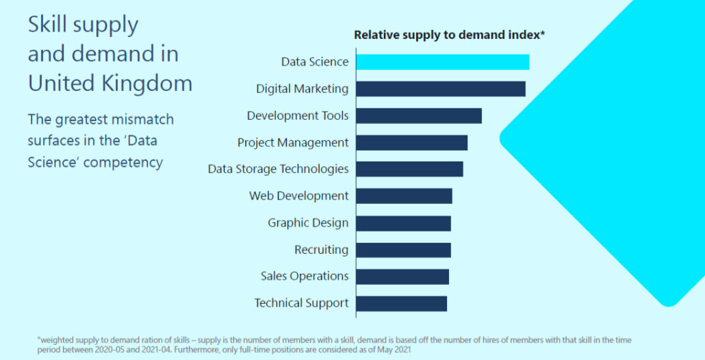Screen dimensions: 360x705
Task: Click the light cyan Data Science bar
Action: [x=442, y=62]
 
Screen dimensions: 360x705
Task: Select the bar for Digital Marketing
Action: [x=441, y=89]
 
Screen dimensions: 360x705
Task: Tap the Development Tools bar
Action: [x=419, y=116]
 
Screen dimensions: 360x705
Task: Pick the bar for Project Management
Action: [x=411, y=142]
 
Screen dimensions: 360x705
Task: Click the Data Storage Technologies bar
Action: [x=409, y=169]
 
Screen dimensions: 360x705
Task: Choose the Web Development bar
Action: [x=404, y=196]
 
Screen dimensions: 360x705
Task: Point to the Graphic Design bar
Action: [x=403, y=223]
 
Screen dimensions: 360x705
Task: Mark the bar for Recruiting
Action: [x=403, y=250]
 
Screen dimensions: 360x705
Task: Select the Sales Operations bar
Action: [x=402, y=277]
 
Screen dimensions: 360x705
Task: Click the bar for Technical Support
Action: [x=401, y=303]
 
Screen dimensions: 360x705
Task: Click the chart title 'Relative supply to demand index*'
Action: [x=448, y=35]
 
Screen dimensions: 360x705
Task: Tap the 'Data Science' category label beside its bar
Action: [x=315, y=62]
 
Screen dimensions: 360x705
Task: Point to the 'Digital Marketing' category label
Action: [x=302, y=89]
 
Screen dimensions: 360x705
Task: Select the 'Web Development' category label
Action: [x=298, y=196]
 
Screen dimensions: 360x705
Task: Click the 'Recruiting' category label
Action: [x=321, y=250]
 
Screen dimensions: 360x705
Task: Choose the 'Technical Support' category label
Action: [x=301, y=303]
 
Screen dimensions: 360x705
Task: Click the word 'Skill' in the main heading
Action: [x=47, y=25]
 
